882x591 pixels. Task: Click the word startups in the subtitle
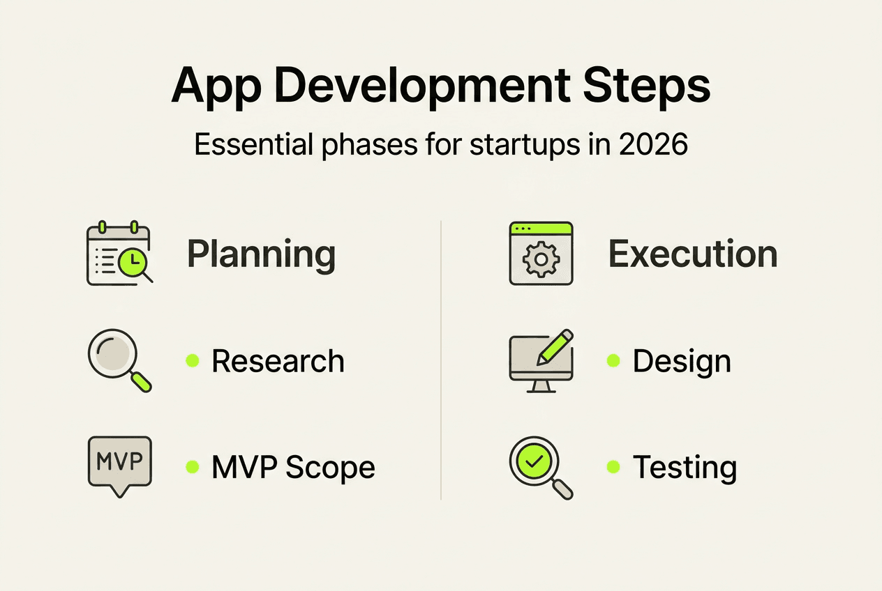point(506,145)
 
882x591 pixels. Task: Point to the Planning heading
point(261,254)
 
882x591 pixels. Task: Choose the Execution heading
point(693,254)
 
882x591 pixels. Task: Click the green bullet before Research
point(192,360)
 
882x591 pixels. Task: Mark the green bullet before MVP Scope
point(192,467)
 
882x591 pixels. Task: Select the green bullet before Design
point(613,360)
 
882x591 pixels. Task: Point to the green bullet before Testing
point(613,467)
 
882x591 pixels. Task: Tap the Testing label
point(684,468)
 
